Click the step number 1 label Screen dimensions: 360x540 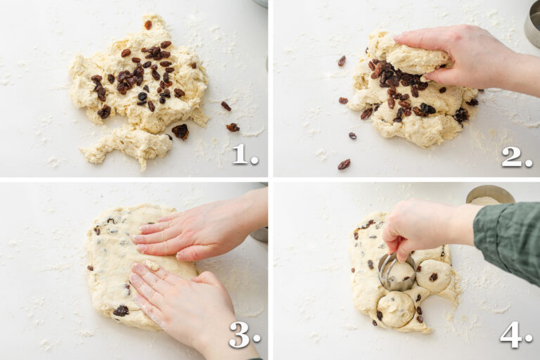[243, 154]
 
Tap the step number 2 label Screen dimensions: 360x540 [515, 157]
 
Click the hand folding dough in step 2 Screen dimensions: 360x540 [464, 53]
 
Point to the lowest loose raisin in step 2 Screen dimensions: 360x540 [344, 164]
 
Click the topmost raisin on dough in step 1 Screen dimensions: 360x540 [148, 25]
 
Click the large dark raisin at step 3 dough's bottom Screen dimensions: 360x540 [121, 310]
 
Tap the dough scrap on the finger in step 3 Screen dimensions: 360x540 [151, 265]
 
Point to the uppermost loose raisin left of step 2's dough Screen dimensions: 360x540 [342, 61]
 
